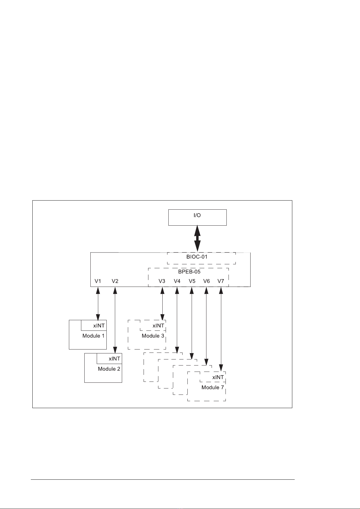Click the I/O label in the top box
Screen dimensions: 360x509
197,216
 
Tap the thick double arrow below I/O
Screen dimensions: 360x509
197,238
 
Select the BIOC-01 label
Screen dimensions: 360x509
197,257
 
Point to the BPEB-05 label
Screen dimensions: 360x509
189,272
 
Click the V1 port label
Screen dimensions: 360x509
98,281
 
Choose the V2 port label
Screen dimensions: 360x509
115,281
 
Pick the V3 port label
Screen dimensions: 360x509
162,281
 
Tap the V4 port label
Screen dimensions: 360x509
177,281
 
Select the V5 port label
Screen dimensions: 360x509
192,281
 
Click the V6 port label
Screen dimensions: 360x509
206,281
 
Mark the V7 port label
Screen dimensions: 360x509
221,281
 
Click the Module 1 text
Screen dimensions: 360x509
93,336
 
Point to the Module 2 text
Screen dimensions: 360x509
109,369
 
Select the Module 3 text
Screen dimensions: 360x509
153,336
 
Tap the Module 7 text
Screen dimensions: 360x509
213,388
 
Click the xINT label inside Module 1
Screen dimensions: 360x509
99,326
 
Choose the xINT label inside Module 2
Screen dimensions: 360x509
115,359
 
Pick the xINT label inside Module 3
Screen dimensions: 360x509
158,326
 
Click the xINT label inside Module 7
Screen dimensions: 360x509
218,377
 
